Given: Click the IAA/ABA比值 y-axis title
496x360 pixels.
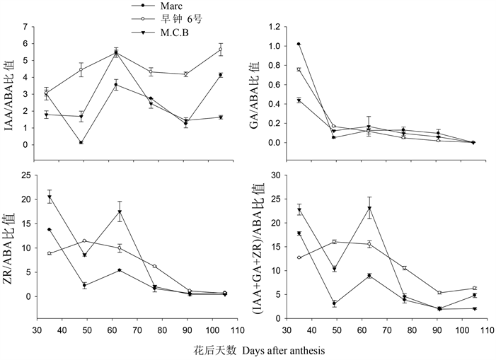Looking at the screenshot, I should [x=9, y=86].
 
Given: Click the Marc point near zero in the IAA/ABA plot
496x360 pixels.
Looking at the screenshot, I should [x=81, y=143].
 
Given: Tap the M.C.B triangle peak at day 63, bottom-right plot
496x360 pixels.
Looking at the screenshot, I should [x=369, y=209].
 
